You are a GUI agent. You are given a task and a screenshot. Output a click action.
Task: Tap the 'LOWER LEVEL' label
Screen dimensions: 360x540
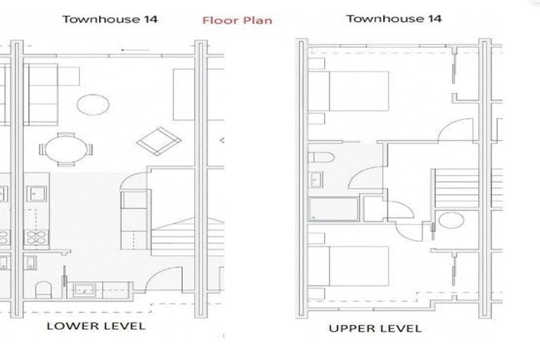pos(96,326)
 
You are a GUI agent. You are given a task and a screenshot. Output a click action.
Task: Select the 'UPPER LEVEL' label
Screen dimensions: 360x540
pos(375,328)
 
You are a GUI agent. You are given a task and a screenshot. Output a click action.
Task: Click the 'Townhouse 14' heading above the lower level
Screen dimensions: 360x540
pos(110,19)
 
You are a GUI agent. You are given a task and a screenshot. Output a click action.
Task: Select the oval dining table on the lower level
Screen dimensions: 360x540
pos(66,149)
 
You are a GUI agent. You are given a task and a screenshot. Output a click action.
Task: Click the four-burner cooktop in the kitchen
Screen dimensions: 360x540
pos(34,238)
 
